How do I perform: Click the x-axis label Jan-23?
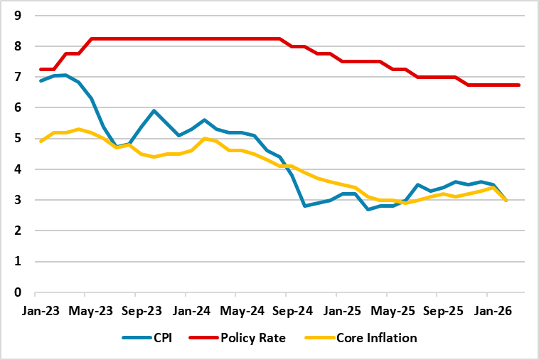coord(34,312)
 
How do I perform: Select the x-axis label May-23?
coord(85,312)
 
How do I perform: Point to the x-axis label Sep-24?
coord(286,312)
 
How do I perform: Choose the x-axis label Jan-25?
coord(336,312)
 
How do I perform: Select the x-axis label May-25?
coord(387,312)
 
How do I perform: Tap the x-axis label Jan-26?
coord(487,312)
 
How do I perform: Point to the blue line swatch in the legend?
coord(137,338)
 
